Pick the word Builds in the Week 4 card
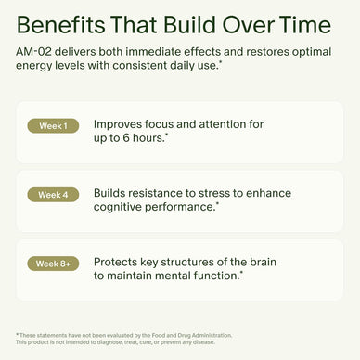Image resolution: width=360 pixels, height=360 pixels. point(112,192)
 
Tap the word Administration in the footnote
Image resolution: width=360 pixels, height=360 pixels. point(205,334)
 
